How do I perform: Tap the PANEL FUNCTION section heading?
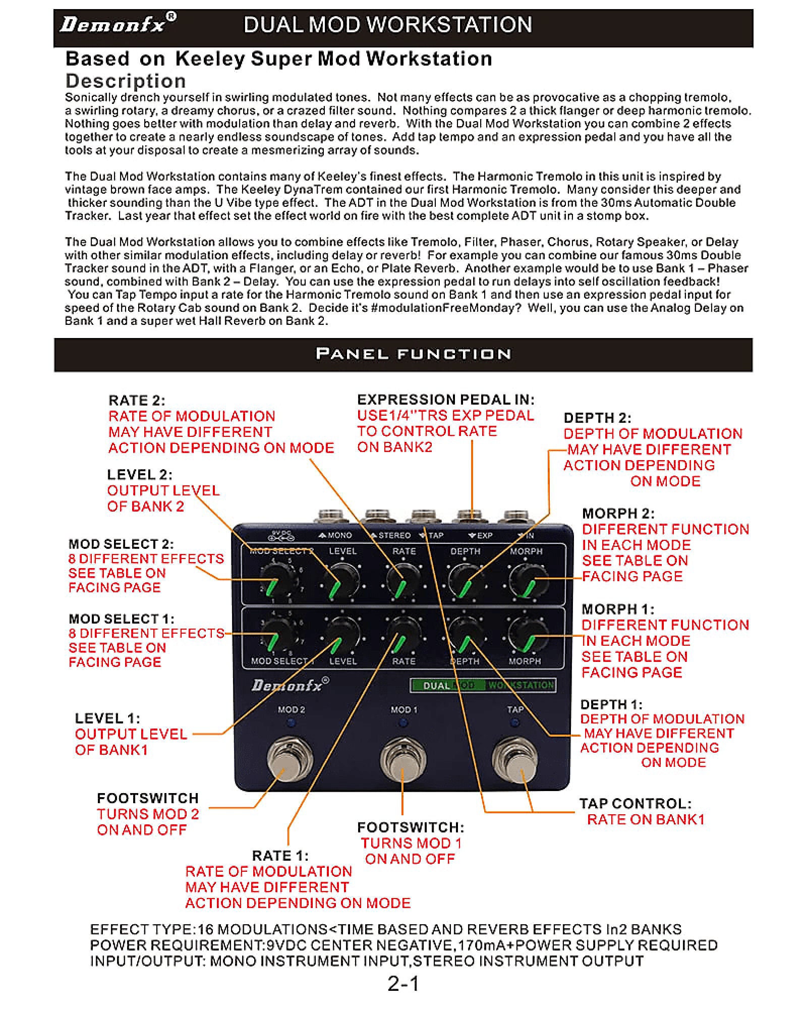[413, 354]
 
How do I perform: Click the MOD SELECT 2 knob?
[276, 580]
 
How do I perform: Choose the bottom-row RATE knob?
[404, 636]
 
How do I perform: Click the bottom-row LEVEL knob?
[342, 636]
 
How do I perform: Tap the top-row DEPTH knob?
[465, 580]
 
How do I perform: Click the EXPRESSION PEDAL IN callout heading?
[445, 400]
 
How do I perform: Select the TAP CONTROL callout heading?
[635, 804]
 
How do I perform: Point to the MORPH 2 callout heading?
[618, 514]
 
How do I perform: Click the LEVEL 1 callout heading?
[107, 718]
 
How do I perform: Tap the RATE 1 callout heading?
[280, 856]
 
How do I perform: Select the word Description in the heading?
[126, 81]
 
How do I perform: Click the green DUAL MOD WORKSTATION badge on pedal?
[483, 685]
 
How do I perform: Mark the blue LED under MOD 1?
[403, 723]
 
